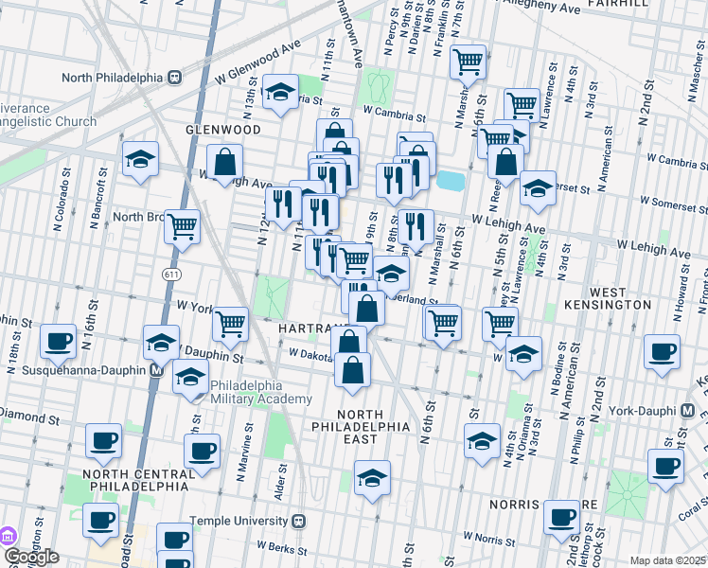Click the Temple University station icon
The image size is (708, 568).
[299, 520]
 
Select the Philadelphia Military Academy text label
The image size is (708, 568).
[260, 392]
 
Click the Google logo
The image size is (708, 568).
[30, 557]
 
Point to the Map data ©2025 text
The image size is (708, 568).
[666, 560]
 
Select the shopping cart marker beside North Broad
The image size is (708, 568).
[183, 226]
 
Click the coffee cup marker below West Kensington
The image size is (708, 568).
[662, 351]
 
